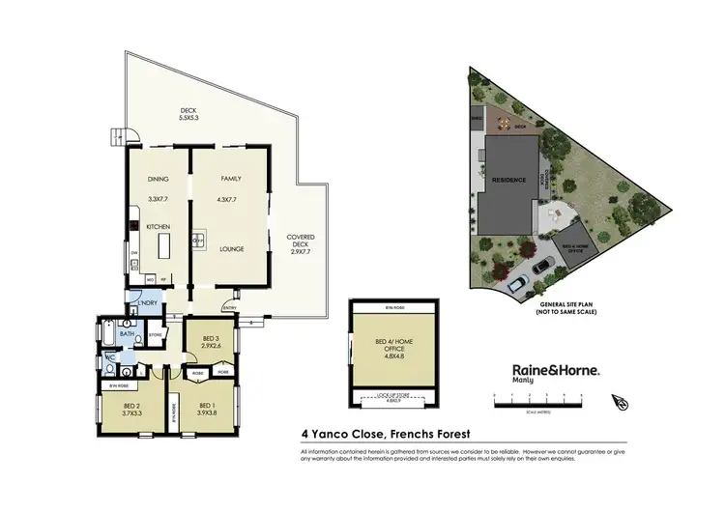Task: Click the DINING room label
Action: tap(158, 179)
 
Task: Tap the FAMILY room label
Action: tap(230, 179)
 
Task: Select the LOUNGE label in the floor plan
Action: tap(230, 249)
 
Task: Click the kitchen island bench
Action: tap(163, 238)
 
